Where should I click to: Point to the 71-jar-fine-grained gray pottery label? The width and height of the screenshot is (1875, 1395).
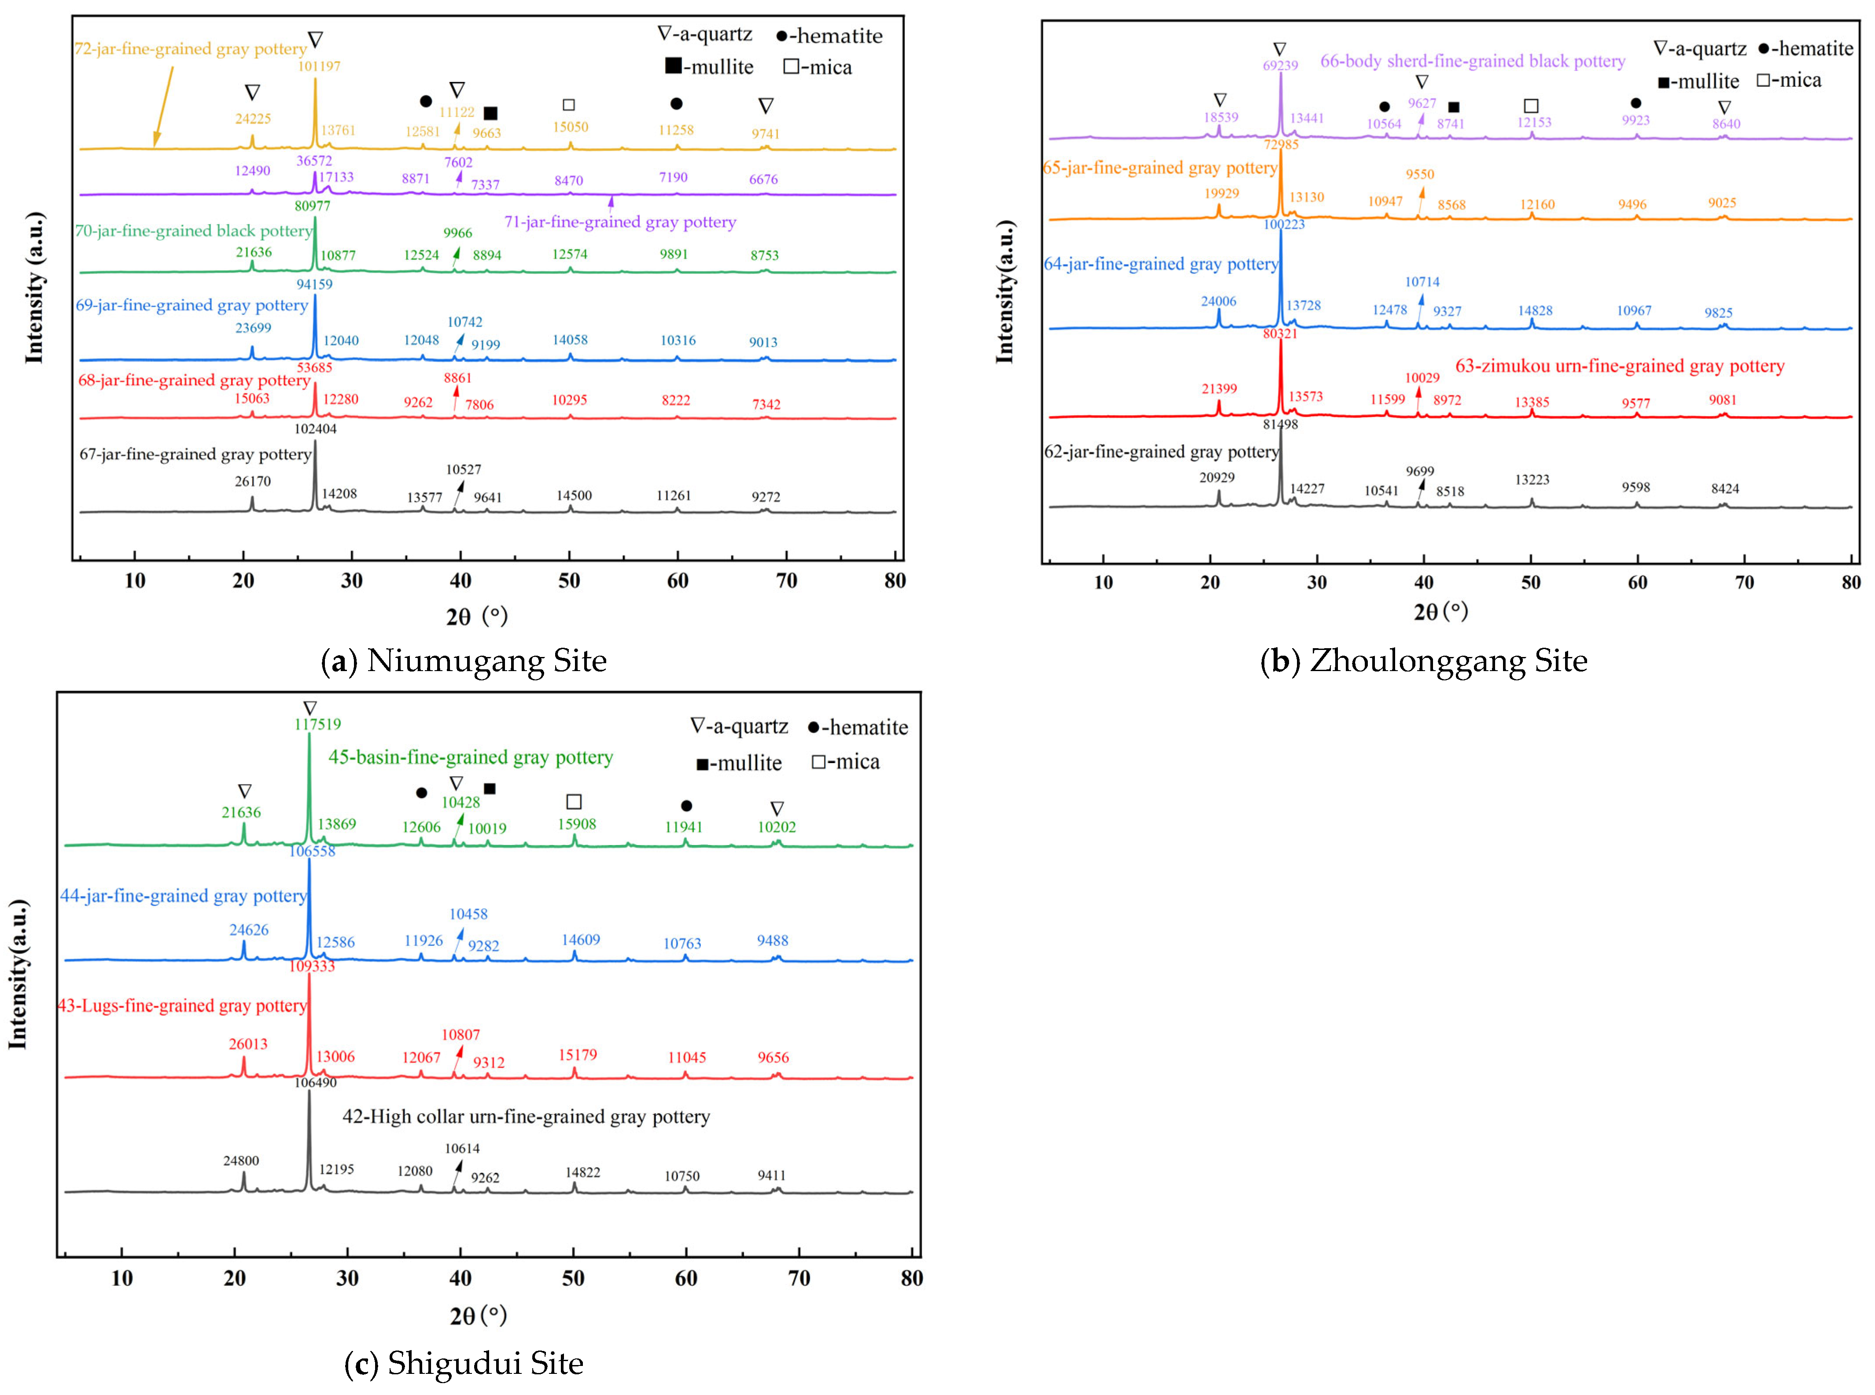(620, 222)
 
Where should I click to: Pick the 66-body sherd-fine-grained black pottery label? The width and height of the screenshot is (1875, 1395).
(1472, 61)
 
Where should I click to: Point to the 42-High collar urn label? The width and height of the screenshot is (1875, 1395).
(526, 1116)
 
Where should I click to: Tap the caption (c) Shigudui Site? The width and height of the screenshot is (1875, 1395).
(464, 1363)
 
